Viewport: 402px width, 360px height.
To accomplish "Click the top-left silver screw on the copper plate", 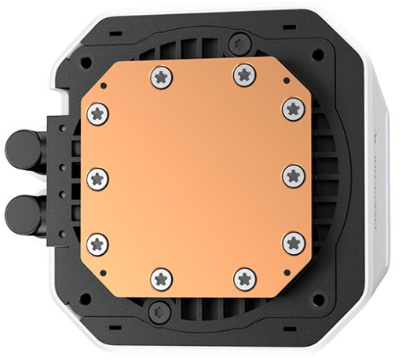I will pyautogui.click(x=162, y=76).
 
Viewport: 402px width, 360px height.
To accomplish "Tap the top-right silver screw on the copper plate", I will pyautogui.click(x=245, y=75).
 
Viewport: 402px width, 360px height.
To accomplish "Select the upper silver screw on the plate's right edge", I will pyautogui.click(x=293, y=109).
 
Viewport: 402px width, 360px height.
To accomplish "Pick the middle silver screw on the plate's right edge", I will pyautogui.click(x=293, y=176).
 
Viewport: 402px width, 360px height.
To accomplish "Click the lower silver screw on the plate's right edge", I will pyautogui.click(x=293, y=242).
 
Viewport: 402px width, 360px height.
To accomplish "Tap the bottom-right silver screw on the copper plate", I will pyautogui.click(x=245, y=277).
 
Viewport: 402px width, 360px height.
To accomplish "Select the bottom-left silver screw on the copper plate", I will pyautogui.click(x=162, y=277).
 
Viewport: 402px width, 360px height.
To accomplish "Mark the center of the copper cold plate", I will pyautogui.click(x=195, y=176).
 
